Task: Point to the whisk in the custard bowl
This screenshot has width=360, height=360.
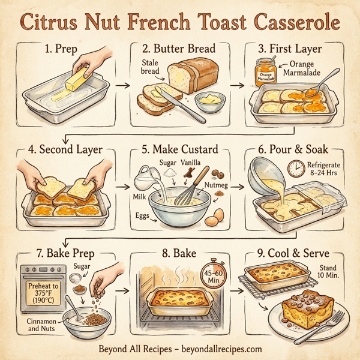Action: (x=191, y=192)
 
